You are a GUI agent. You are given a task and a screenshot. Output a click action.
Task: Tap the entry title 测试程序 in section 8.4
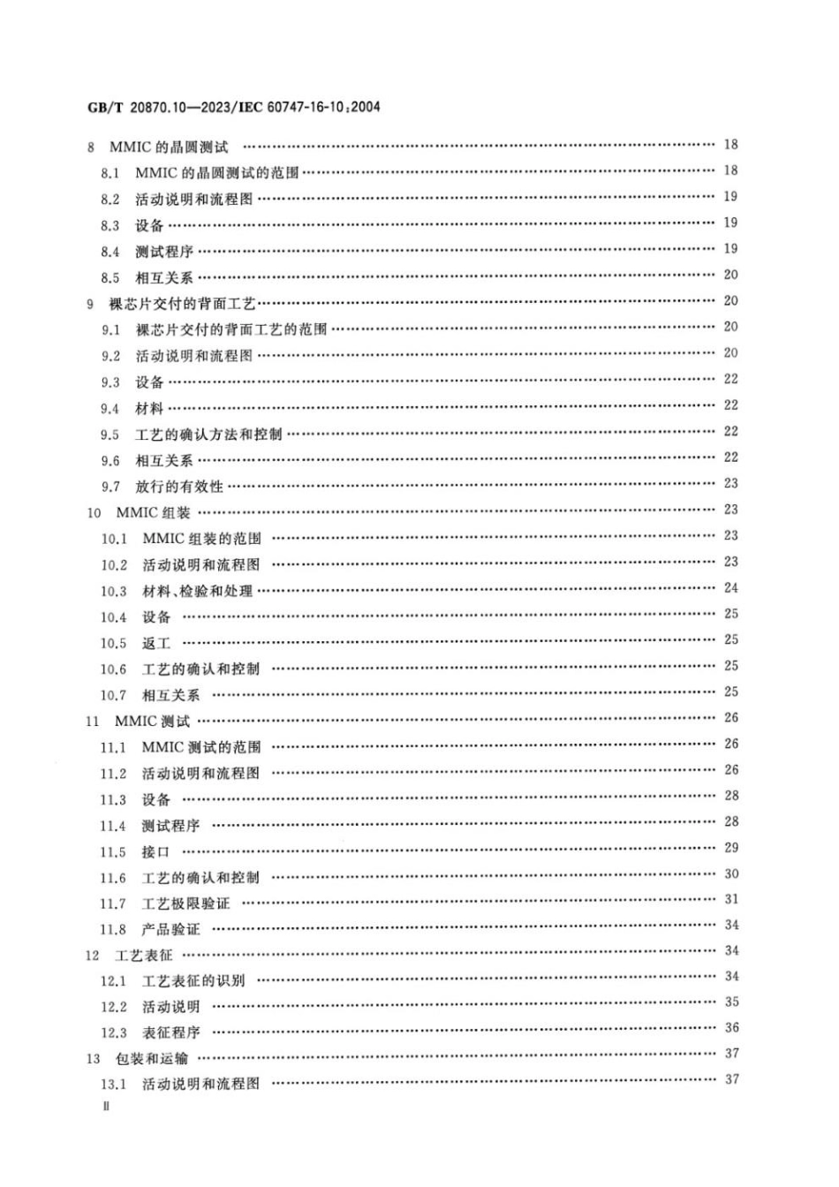(163, 252)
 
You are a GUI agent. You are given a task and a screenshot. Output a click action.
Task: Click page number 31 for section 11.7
(731, 899)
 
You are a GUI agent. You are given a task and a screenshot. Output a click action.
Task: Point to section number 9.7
(110, 487)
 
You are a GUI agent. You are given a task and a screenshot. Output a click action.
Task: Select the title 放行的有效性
(179, 487)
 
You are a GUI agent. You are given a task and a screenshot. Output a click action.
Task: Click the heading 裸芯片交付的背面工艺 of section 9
(182, 304)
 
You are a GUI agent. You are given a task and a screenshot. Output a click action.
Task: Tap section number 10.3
(113, 591)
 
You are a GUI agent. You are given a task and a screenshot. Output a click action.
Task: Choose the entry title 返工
(156, 643)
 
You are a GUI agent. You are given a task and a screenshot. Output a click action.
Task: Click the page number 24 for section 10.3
(731, 587)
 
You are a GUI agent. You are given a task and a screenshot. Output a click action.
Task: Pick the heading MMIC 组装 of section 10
(153, 512)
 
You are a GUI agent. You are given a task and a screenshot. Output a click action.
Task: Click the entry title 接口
(155, 851)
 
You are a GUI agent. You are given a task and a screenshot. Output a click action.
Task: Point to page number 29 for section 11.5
(731, 848)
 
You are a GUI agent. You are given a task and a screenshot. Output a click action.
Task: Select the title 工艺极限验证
(185, 903)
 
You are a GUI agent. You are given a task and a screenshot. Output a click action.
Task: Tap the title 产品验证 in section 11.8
(170, 929)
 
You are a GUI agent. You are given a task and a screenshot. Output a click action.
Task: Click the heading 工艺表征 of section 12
(144, 955)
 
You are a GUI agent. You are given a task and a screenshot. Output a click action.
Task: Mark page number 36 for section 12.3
(731, 1028)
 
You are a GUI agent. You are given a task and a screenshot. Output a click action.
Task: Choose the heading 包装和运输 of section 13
(151, 1058)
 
